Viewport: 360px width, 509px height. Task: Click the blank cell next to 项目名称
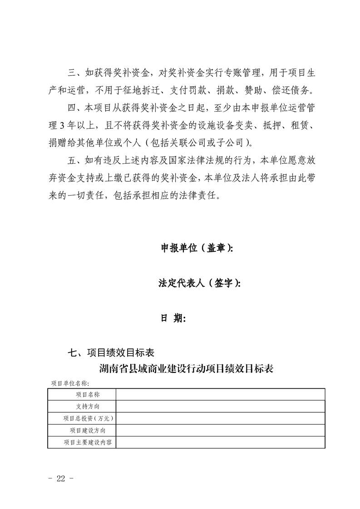pyautogui.click(x=220, y=395)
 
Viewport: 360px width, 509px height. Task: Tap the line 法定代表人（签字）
pyautogui.click(x=199, y=283)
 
